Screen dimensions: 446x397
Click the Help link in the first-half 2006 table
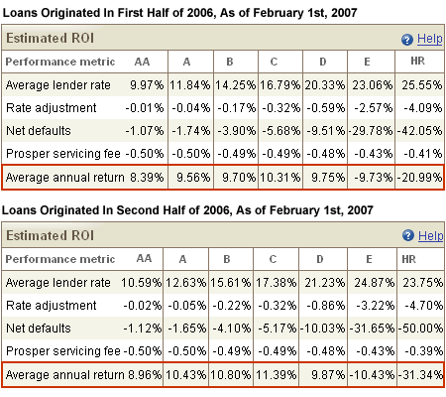pyautogui.click(x=429, y=39)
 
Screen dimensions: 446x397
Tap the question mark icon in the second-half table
pyautogui.click(x=408, y=236)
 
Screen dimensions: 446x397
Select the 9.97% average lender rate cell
pyautogui.click(x=147, y=85)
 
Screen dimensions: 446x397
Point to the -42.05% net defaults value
pyautogui.click(x=419, y=131)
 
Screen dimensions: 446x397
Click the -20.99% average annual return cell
pyautogui.click(x=419, y=178)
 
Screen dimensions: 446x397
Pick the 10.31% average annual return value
pyautogui.click(x=280, y=178)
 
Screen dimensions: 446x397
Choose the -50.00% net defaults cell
pyautogui.click(x=420, y=329)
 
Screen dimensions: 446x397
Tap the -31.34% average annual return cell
pyautogui.click(x=420, y=375)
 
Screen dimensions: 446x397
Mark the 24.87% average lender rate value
pyautogui.click(x=375, y=283)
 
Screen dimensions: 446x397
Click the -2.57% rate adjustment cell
pyautogui.click(x=374, y=108)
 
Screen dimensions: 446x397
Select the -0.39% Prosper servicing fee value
pyautogui.click(x=424, y=351)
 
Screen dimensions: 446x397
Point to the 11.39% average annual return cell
pyautogui.click(x=276, y=375)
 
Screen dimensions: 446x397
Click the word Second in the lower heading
pyautogui.click(x=136, y=210)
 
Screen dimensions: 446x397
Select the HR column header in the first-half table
pyautogui.click(x=418, y=62)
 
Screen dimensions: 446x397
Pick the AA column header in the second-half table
pyautogui.click(x=145, y=258)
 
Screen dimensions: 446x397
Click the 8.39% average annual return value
pyautogui.click(x=147, y=178)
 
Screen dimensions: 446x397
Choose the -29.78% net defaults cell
pyautogui.click(x=371, y=131)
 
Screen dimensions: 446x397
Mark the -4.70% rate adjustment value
pyautogui.click(x=424, y=306)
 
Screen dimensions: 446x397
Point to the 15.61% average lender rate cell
pyautogui.click(x=231, y=283)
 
